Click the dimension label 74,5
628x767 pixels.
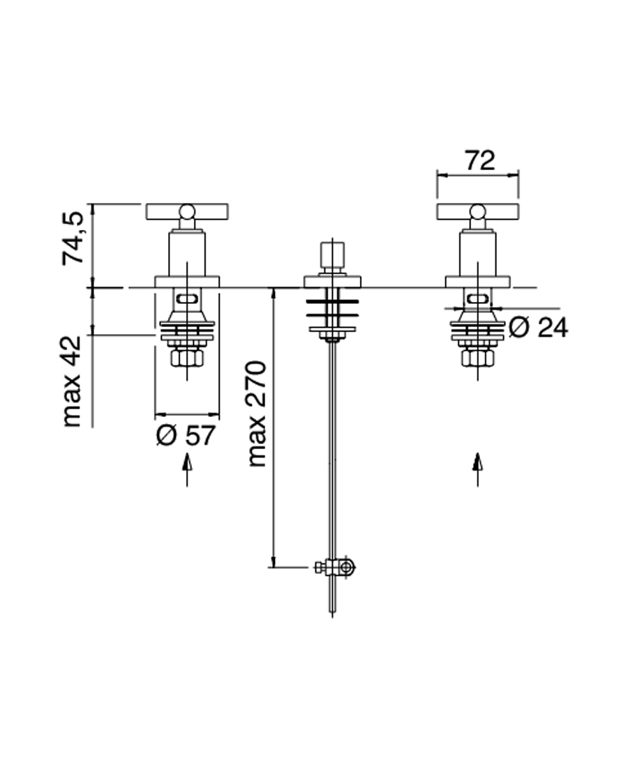pos(74,238)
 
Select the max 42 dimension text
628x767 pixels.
pos(74,381)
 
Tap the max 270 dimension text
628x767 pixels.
pos(257,413)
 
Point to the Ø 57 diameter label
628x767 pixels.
pos(186,436)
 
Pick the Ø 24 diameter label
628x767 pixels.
pos(538,327)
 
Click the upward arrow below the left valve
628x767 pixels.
pos(187,469)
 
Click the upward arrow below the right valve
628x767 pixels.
pos(478,469)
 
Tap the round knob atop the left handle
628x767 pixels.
pos(187,211)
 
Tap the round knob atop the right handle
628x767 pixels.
pos(478,211)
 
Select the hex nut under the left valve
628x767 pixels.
pos(187,357)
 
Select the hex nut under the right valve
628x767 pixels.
pos(478,357)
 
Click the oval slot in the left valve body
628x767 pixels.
pos(187,299)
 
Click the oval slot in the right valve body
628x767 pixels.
pos(478,299)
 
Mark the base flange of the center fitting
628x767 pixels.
pos(332,282)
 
